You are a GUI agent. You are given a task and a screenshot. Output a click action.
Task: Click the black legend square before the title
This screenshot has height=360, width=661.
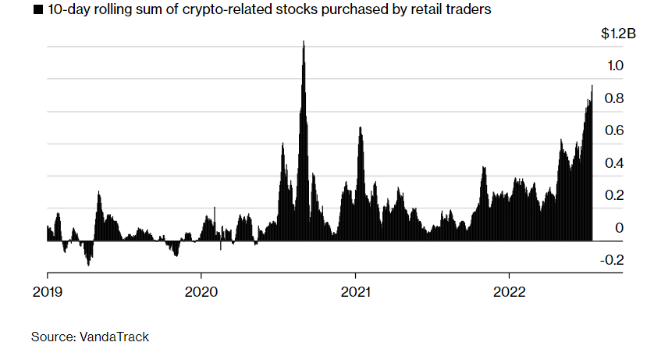(37, 11)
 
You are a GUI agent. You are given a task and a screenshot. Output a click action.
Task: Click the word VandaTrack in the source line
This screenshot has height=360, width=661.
(113, 337)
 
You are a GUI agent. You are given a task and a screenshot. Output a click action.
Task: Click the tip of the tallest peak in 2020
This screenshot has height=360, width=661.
(303, 41)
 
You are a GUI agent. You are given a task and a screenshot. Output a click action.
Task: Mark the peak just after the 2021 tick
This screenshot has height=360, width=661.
(360, 127)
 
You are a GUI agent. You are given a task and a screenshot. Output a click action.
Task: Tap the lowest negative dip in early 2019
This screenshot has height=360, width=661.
(88, 266)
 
